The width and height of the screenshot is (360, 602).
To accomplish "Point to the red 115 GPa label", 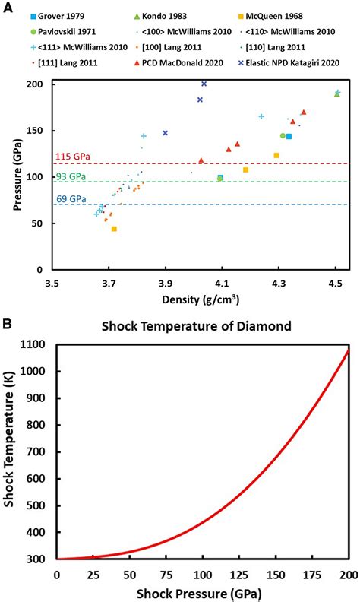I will coord(72,157).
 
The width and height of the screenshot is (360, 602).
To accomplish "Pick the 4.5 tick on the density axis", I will coord(334,284).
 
